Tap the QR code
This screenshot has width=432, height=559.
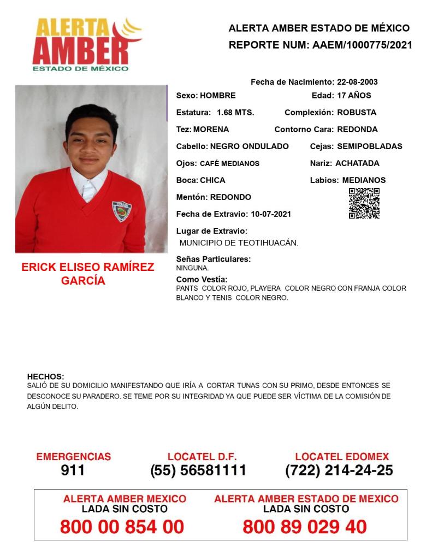coord(364,203)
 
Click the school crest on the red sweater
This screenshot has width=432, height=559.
coord(121,211)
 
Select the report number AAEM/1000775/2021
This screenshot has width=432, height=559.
coord(362,45)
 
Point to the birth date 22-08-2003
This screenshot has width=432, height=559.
coord(357,82)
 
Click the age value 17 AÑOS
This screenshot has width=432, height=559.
coord(354,96)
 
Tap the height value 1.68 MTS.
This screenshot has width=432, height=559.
coord(235,113)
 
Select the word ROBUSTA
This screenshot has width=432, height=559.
coord(357,113)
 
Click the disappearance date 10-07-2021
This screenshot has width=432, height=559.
coord(270,214)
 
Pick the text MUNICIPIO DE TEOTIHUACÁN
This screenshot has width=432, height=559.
coord(239,243)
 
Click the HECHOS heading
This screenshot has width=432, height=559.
coord(45,376)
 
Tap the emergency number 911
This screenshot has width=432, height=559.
coord(73,470)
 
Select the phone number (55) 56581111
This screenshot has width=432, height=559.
coord(198,470)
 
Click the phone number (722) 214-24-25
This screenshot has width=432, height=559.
coord(339,470)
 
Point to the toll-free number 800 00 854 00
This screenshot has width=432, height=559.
coord(122,527)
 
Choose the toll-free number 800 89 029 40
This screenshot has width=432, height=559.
coord(305,527)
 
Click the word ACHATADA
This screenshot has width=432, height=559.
coord(357,163)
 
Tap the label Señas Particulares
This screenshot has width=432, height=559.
coord(214,259)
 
